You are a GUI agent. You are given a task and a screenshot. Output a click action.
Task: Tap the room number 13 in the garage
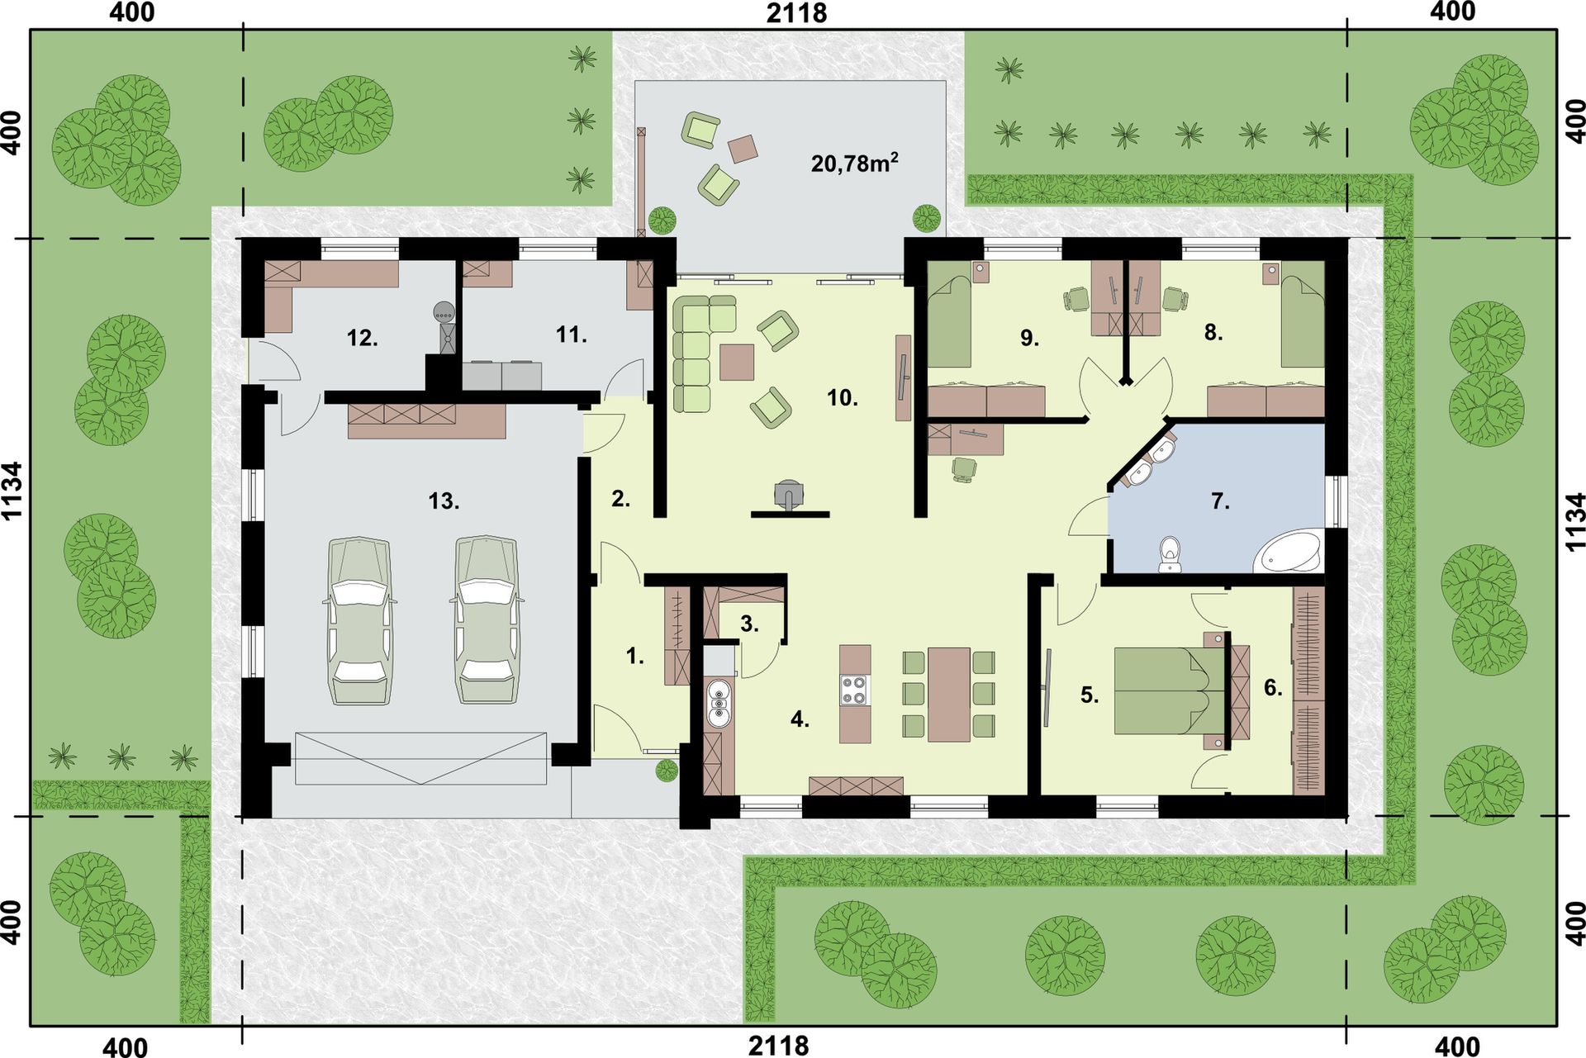pyautogui.click(x=444, y=501)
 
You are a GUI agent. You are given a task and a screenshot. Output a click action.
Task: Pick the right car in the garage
pyautogui.click(x=487, y=621)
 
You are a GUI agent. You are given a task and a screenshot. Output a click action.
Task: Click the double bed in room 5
pyautogui.click(x=1169, y=691)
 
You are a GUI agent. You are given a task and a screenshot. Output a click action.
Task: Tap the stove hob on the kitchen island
pyautogui.click(x=854, y=690)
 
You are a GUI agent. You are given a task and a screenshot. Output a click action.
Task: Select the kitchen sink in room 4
pyautogui.click(x=719, y=703)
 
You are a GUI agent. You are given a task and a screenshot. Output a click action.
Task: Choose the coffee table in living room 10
pyautogui.click(x=737, y=362)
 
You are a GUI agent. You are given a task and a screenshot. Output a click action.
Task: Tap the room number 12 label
pyautogui.click(x=363, y=337)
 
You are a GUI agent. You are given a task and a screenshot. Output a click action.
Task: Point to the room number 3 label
pyautogui.click(x=749, y=624)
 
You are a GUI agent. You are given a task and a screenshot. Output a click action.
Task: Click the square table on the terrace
pyautogui.click(x=743, y=149)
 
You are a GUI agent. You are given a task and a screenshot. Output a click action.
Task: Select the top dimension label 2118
pyautogui.click(x=796, y=13)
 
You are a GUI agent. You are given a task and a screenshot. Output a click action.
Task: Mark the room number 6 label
pyautogui.click(x=1273, y=687)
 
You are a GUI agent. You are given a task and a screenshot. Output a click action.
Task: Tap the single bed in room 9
pyautogui.click(x=950, y=321)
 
